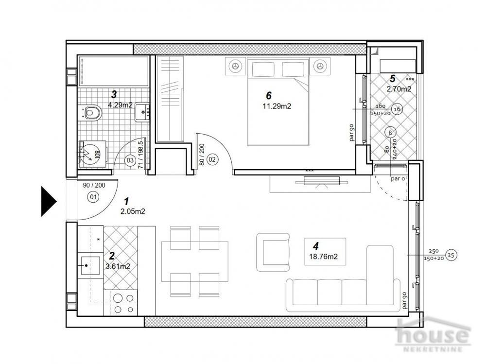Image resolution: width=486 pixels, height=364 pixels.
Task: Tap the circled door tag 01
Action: tap(92, 197)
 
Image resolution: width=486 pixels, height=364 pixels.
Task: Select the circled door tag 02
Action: tap(212, 159)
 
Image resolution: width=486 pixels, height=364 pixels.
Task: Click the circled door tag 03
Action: tap(130, 159)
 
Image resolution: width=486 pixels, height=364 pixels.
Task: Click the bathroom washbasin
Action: tap(142, 111)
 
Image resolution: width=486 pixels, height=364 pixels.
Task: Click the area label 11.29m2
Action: tap(277, 107)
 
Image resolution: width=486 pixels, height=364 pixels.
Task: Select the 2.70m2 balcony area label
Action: tap(399, 89)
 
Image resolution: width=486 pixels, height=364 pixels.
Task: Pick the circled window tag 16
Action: tap(397, 109)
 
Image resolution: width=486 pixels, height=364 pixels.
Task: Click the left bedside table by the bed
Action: tap(236, 67)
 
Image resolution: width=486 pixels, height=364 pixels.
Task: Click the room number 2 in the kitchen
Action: tap(111, 256)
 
